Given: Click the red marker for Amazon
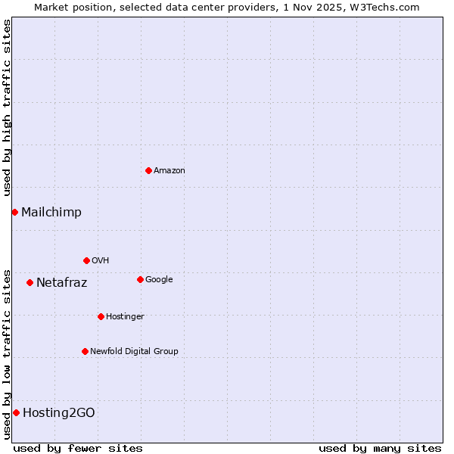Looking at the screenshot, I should (148, 170).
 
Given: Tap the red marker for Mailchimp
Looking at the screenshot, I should (14, 212).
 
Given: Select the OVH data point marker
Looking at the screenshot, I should (86, 260).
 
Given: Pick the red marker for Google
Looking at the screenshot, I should (140, 279).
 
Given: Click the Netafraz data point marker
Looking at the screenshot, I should (30, 282).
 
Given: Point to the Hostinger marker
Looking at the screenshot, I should (101, 316).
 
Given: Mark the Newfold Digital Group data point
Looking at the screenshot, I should (85, 351).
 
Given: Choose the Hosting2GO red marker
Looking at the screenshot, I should (16, 412).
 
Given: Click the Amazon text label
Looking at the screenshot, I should (169, 171).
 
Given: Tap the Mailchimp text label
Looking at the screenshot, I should (51, 213).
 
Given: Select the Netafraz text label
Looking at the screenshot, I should (62, 283).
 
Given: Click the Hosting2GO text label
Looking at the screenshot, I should (59, 413).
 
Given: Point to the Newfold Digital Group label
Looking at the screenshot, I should (135, 351).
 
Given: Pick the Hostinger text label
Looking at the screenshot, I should (125, 316).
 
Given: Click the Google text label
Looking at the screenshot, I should (159, 280).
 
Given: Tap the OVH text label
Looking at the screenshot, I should (101, 261).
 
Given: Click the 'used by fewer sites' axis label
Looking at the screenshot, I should (78, 448).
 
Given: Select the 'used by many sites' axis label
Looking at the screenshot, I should (380, 448).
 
